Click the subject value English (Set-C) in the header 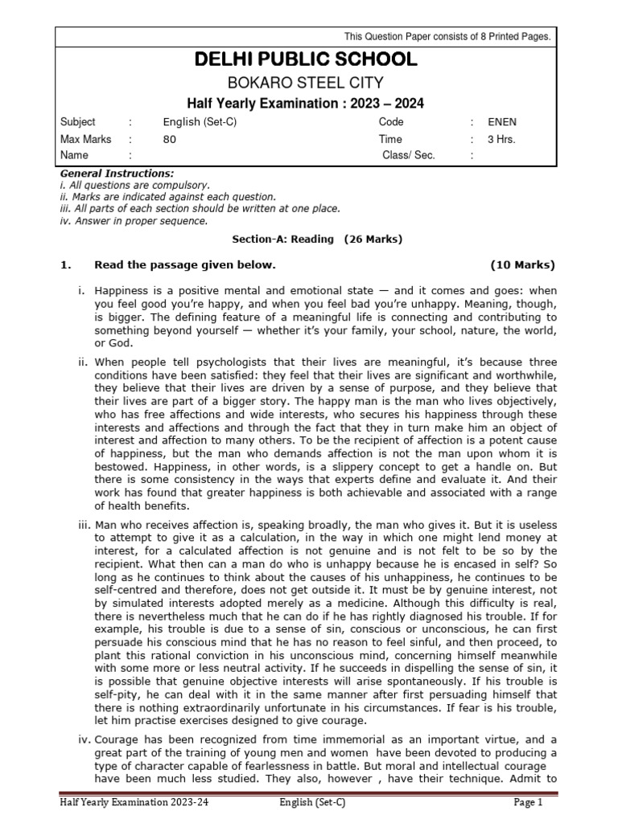pyautogui.click(x=200, y=122)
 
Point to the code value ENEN pyautogui.click(x=503, y=122)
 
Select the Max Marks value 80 pyautogui.click(x=169, y=139)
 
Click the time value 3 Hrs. pyautogui.click(x=501, y=139)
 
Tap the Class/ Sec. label pyautogui.click(x=409, y=155)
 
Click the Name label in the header pyautogui.click(x=74, y=155)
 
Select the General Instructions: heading pyautogui.click(x=117, y=174)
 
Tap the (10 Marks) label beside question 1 pyautogui.click(x=522, y=265)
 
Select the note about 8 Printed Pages pyautogui.click(x=447, y=36)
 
